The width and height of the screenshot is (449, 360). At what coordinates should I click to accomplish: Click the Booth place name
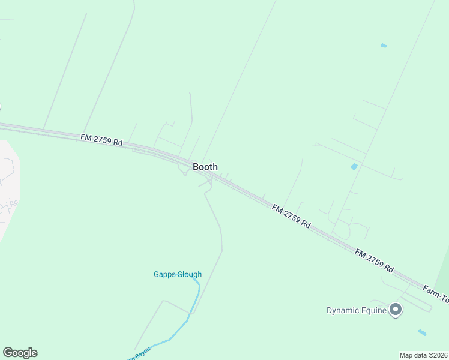(x=205, y=167)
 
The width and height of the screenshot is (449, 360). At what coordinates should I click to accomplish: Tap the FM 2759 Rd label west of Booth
(x=101, y=140)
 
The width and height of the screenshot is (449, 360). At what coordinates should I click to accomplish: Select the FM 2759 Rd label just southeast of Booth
(x=291, y=217)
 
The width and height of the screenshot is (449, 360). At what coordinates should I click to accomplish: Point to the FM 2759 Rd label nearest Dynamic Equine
(x=373, y=260)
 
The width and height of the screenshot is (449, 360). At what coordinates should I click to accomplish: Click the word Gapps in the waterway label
(x=164, y=275)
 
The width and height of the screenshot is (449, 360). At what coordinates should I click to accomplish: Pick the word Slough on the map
(x=189, y=275)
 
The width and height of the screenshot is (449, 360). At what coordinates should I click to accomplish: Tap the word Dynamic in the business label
(x=343, y=310)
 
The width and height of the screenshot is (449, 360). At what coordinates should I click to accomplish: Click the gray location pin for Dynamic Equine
(x=395, y=310)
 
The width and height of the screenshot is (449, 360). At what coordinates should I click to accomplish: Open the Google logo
(x=20, y=353)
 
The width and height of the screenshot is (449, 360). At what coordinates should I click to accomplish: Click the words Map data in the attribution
(x=413, y=355)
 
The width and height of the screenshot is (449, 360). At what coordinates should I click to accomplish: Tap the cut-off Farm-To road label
(x=435, y=292)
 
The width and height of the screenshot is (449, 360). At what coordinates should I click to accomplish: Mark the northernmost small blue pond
(x=384, y=46)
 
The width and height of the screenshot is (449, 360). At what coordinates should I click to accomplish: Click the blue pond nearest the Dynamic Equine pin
(x=422, y=332)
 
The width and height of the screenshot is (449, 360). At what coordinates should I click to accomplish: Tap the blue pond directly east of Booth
(x=354, y=166)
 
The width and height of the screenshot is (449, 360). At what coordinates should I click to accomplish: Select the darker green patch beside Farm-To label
(x=444, y=270)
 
